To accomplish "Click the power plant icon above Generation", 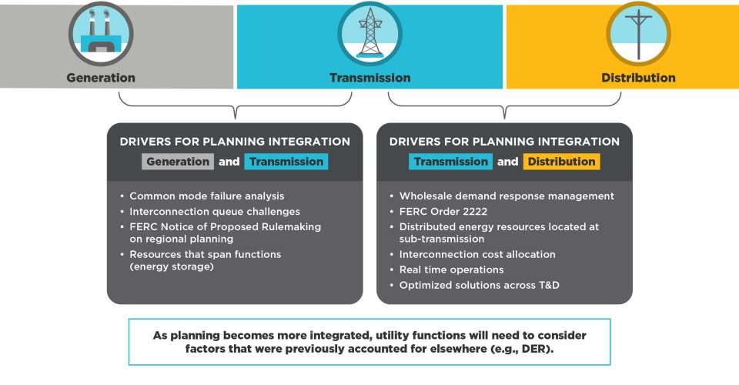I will [101, 34].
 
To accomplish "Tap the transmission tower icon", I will [369, 34].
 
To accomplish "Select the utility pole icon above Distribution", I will [638, 34].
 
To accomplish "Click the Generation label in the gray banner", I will [101, 78].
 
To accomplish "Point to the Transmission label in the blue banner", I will [369, 78].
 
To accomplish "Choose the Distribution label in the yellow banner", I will [638, 78].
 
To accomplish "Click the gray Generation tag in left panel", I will [177, 162].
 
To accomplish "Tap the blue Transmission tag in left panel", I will [286, 162].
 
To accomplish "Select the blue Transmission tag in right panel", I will [450, 162].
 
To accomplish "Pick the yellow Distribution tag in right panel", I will [561, 162].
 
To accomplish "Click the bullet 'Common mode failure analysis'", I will [207, 196].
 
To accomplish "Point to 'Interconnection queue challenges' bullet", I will [215, 211].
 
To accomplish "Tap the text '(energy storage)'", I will [171, 267].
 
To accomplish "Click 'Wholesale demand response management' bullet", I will [507, 196].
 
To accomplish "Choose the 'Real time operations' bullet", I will [451, 269].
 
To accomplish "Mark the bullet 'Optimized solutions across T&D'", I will [479, 285].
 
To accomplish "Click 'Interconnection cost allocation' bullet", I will [477, 255].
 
